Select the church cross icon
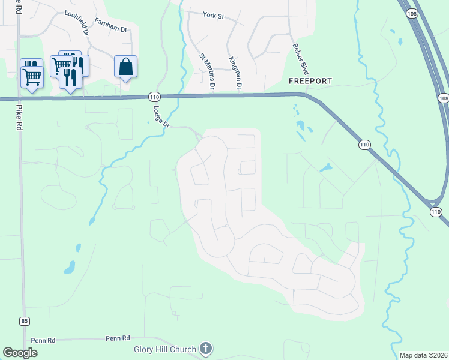(206, 348)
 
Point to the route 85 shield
(24, 321)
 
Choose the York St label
(213, 16)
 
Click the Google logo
(20, 353)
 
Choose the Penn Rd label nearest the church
(117, 338)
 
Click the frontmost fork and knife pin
(70, 79)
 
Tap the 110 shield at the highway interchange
(436, 212)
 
